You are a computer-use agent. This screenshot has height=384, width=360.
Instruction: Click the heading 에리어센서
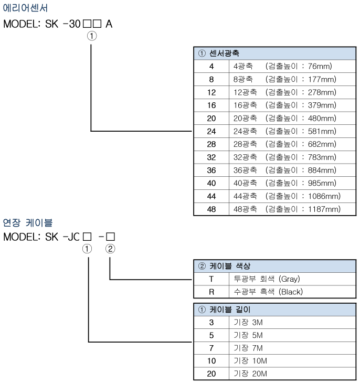tap(25, 8)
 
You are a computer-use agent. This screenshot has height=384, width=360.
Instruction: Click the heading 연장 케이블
tap(28, 222)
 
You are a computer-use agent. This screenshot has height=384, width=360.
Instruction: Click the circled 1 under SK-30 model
tap(92, 36)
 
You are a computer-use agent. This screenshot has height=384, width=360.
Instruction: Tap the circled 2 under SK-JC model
tap(110, 249)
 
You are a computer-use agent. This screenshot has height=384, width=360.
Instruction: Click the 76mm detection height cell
tap(292, 67)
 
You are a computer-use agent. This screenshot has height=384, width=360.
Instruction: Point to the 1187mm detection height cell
tap(292, 209)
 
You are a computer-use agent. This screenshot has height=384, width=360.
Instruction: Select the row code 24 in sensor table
tap(211, 131)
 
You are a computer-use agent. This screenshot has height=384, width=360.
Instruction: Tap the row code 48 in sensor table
tap(211, 209)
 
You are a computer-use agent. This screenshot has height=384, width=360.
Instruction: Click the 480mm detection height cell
tap(292, 118)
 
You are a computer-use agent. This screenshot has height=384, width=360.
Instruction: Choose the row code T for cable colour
tap(211, 279)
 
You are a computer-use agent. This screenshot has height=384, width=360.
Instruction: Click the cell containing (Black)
tap(292, 292)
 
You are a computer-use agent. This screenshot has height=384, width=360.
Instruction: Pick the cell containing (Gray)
tap(292, 279)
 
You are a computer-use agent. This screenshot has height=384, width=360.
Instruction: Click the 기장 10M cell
tap(292, 361)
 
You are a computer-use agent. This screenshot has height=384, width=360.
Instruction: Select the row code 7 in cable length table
tap(211, 348)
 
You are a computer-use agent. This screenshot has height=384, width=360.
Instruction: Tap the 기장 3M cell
tap(292, 323)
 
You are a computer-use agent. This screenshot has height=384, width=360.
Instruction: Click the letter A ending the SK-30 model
tap(109, 24)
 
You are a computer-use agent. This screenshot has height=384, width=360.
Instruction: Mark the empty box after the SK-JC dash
tap(110, 237)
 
